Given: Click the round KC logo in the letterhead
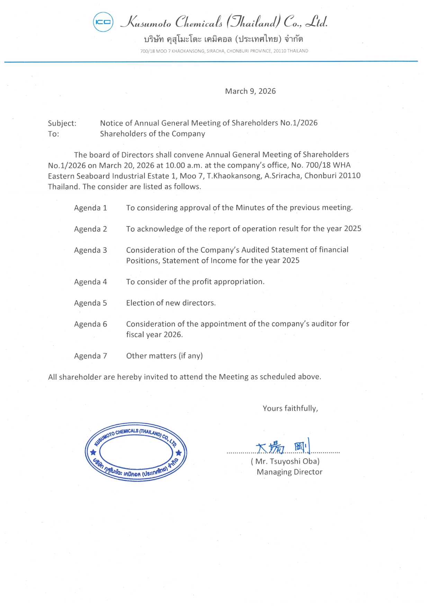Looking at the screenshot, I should coord(103,22).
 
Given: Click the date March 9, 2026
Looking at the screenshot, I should coord(250,91).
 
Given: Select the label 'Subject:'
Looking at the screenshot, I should coord(62,123).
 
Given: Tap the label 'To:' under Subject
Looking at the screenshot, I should coord(53,134).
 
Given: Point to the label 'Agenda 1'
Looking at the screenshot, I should coord(90,208).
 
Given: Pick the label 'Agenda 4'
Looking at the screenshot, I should coord(90,282).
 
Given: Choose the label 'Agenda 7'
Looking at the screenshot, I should coord(90,356).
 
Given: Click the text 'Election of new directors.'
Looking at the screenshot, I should coord(171,303).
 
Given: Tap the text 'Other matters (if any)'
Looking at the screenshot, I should coord(164,356).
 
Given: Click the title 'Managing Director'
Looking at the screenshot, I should coord(289,472).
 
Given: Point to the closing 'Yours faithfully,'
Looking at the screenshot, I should coord(290,408).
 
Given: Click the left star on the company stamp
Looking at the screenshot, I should coord(93,452).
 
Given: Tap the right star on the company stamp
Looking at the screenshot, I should coord(179,453).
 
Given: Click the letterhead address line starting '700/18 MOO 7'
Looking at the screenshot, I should coord(224,51).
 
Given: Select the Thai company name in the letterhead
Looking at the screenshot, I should coord(223,39).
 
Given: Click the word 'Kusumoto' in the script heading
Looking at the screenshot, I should coord(147,23).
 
